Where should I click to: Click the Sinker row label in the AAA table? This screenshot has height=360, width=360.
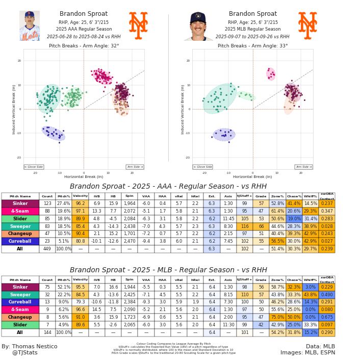[x=20, y=203]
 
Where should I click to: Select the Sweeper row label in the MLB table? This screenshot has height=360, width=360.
[x=20, y=295]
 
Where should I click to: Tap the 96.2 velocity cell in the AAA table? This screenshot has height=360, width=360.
[x=80, y=203]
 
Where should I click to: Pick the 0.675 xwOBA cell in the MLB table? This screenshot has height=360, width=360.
[x=327, y=317]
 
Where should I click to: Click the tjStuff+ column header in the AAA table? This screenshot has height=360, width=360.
[x=244, y=196]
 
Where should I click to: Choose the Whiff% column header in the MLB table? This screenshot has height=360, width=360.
[x=310, y=280]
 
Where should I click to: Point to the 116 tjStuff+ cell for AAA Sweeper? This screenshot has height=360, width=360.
[x=244, y=226]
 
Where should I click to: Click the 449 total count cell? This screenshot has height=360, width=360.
[x=47, y=249]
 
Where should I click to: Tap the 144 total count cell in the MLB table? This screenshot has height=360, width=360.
[x=47, y=332]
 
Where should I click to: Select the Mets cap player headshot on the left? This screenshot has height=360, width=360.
[x=30, y=26]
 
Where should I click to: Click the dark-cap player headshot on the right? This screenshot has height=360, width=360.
[x=198, y=26]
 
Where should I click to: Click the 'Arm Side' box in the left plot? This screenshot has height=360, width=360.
[x=135, y=167]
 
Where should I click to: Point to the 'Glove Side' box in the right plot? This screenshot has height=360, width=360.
[x=202, y=167]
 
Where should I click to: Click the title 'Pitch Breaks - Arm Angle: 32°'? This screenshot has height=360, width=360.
[x=84, y=46]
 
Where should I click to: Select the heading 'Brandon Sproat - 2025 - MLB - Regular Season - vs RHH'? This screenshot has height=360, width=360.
[x=168, y=270]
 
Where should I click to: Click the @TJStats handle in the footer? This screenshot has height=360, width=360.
[x=24, y=352]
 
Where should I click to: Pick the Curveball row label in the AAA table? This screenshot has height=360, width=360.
[x=20, y=242]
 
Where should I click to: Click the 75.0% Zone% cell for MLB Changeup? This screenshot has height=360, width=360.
[x=277, y=317]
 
